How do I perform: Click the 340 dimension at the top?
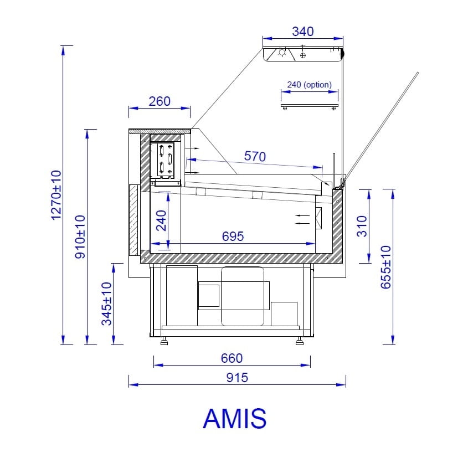302,32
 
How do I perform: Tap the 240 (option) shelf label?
309,85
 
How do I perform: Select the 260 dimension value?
160,101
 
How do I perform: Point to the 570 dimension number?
255,156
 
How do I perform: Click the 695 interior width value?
233,236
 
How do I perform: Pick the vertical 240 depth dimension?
162,220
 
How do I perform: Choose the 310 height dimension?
362,226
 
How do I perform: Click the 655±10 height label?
385,267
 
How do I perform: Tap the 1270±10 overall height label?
56,196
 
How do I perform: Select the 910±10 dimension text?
80,236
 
